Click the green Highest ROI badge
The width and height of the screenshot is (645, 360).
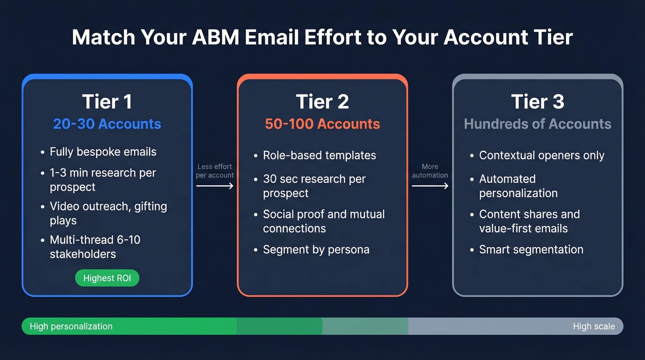pos(107,278)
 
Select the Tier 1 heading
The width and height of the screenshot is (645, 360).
pos(107,102)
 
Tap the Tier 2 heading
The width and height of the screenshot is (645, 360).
pos(322,102)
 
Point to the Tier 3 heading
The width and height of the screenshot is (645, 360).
pos(537,102)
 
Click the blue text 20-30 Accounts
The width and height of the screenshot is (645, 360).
pos(107,124)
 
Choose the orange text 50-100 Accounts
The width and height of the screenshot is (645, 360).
pos(322,124)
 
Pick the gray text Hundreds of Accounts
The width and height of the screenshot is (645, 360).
pos(537,124)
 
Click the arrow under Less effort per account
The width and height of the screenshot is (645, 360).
pos(215,186)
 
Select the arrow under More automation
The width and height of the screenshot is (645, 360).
pos(430,186)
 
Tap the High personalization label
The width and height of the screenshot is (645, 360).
pos(71,326)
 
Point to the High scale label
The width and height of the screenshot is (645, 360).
pos(593,326)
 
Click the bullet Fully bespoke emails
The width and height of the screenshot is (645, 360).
pos(103,152)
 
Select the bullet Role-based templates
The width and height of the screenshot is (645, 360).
pos(319,155)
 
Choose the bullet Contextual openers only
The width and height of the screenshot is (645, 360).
pos(541,155)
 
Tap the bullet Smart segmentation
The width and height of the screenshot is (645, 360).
pos(531,249)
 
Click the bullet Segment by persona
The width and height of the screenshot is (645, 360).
pos(316,249)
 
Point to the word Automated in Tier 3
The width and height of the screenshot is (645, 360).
pos(507,179)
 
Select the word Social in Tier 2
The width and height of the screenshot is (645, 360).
pos(277,214)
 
